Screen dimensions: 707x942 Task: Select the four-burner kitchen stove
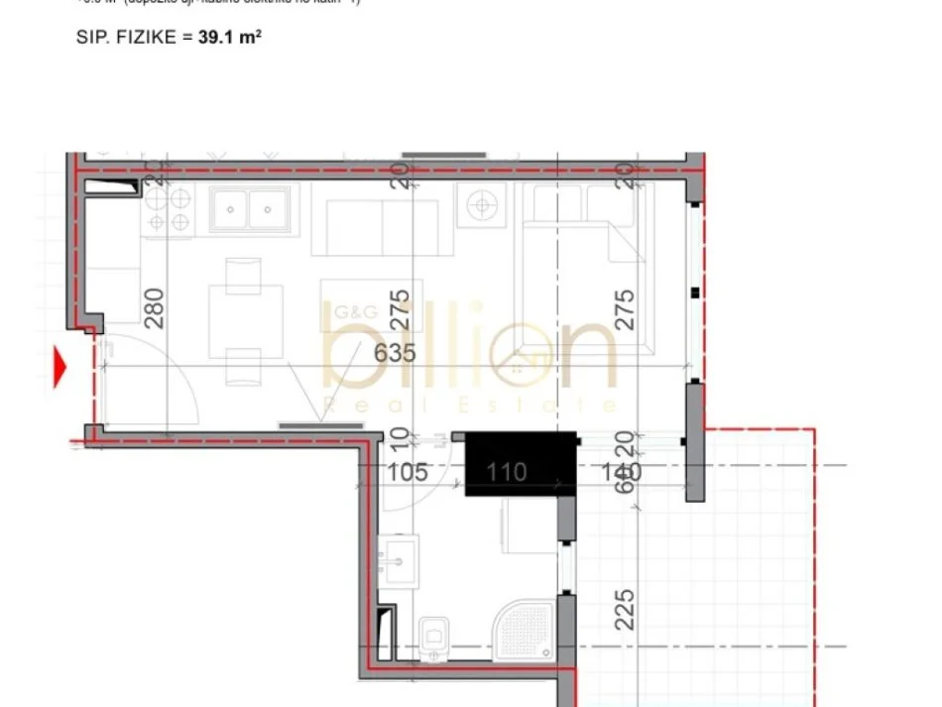pyautogui.click(x=168, y=209)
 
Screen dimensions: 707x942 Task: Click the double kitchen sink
pyautogui.click(x=249, y=209)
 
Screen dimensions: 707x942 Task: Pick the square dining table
pyautogui.click(x=244, y=317)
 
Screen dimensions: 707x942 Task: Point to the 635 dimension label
pyautogui.click(x=394, y=354)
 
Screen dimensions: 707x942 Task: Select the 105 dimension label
pyautogui.click(x=407, y=472)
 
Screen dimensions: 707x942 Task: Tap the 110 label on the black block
pyautogui.click(x=506, y=473)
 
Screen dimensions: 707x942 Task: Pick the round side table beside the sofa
pyautogui.click(x=481, y=206)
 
